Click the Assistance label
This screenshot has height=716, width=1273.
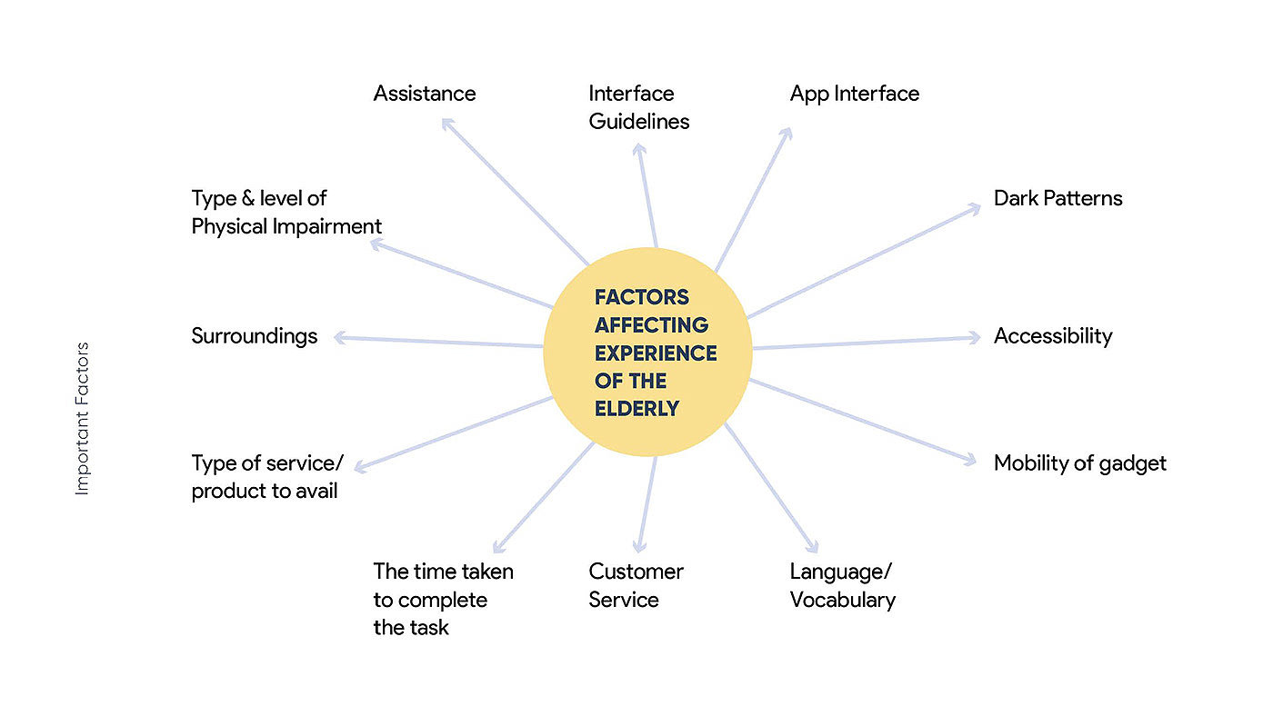click(424, 94)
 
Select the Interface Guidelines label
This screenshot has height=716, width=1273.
click(638, 107)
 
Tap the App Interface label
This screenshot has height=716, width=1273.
click(854, 94)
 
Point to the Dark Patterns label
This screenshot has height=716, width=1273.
click(1057, 198)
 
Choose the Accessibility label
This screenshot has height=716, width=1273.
click(1052, 336)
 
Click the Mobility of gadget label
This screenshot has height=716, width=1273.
click(1079, 463)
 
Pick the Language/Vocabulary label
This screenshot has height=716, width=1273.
click(842, 586)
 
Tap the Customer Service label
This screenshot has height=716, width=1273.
click(636, 586)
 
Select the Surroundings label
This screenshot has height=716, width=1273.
click(254, 336)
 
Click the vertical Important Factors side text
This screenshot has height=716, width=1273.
click(83, 419)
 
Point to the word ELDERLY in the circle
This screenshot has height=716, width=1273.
click(636, 409)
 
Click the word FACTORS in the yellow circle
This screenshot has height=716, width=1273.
click(642, 297)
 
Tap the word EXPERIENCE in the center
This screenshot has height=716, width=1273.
click(656, 353)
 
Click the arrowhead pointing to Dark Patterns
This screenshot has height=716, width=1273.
click(975, 208)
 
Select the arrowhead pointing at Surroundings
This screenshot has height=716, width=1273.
click(339, 337)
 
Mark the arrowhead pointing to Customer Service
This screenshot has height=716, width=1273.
click(639, 547)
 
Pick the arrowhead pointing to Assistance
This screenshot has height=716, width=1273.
click(446, 124)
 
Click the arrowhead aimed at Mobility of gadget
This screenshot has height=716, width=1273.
click(970, 462)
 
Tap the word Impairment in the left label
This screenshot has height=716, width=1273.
click(333, 226)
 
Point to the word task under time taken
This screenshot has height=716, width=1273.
click(428, 628)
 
